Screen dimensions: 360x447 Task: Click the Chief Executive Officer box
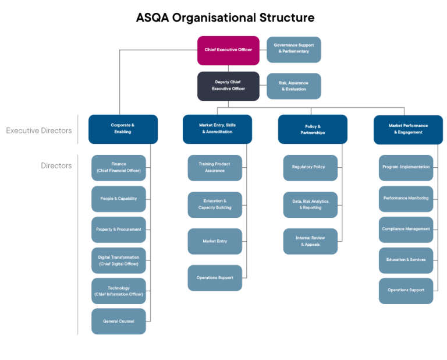click(228, 50)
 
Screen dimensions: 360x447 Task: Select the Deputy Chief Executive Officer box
click(228, 86)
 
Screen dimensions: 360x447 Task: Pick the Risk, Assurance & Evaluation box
click(293, 86)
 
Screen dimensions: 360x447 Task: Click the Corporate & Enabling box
click(123, 129)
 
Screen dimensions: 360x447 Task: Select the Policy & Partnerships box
click(313, 129)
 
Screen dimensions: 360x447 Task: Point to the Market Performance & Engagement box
click(408, 129)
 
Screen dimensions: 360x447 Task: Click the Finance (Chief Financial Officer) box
click(119, 168)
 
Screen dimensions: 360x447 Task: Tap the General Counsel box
click(119, 321)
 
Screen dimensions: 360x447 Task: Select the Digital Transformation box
click(119, 260)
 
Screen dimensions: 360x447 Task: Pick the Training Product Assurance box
click(214, 168)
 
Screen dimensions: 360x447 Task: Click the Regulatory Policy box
click(310, 167)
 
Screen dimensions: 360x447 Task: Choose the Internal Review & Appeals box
click(310, 241)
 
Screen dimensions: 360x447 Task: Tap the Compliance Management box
click(406, 229)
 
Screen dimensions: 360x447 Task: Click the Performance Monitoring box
click(406, 198)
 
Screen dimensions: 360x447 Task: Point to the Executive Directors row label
click(39, 130)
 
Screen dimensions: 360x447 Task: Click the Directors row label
click(56, 165)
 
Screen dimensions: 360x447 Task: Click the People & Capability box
click(119, 199)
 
